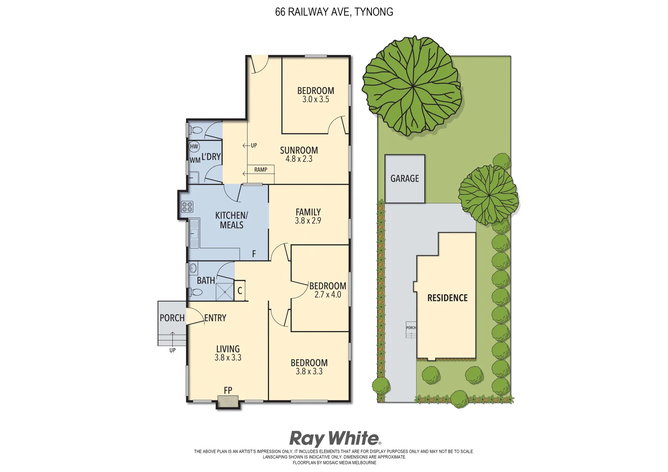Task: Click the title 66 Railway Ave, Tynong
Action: click(334, 12)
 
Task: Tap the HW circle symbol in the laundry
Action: click(194, 147)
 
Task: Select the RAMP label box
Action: click(261, 170)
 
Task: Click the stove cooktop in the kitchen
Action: click(187, 207)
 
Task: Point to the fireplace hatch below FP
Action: click(228, 402)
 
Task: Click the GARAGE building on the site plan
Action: click(405, 179)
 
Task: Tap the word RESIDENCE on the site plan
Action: click(447, 298)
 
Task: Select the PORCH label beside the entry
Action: click(172, 318)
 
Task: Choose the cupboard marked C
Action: click(240, 291)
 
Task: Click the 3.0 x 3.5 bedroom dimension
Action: click(315, 100)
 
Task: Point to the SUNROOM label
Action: click(299, 150)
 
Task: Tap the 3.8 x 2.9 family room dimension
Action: click(308, 221)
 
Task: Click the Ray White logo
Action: click(335, 438)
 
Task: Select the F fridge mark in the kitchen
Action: click(254, 254)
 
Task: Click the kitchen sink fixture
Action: click(194, 233)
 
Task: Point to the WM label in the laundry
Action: click(195, 160)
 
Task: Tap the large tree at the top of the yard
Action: click(412, 86)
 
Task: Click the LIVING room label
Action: click(228, 349)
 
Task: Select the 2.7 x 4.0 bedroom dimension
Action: click(328, 295)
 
